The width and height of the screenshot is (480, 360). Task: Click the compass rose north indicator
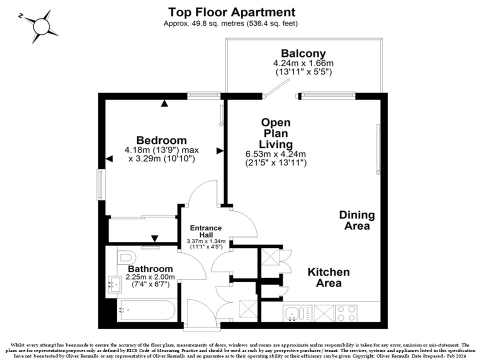pyautogui.click(x=20, y=16)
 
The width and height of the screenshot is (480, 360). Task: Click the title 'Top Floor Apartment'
pyautogui.click(x=231, y=12)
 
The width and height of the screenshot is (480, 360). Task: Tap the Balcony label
pyautogui.click(x=303, y=53)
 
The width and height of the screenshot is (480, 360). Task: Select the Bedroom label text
pyautogui.click(x=161, y=140)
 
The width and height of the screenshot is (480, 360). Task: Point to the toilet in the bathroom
pyautogui.click(x=126, y=257)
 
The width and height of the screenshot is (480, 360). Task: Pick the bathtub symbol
pyautogui.click(x=147, y=310)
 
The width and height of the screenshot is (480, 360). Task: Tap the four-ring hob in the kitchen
pyautogui.click(x=346, y=313)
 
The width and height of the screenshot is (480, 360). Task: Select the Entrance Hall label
pyautogui.click(x=205, y=231)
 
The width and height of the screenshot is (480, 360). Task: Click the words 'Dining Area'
pyautogui.click(x=357, y=220)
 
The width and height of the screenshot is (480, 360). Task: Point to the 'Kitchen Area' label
pyautogui.click(x=328, y=277)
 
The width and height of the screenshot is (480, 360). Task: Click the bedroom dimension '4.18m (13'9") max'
pyautogui.click(x=161, y=150)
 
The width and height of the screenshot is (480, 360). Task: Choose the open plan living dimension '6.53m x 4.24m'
pyautogui.click(x=275, y=154)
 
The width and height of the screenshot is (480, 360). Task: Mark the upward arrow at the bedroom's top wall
pyautogui.click(x=164, y=103)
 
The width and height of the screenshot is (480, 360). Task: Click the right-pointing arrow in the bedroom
pyautogui.click(x=220, y=150)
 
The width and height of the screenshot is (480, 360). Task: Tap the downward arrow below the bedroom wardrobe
pyautogui.click(x=155, y=238)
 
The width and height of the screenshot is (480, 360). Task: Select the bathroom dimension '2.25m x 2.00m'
pyautogui.click(x=150, y=277)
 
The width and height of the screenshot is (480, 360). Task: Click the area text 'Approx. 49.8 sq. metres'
pyautogui.click(x=204, y=23)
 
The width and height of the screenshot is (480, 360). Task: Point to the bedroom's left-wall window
pyautogui.click(x=100, y=184)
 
